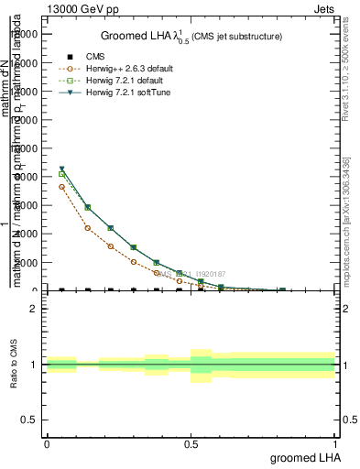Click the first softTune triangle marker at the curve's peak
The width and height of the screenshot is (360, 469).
tap(61, 169)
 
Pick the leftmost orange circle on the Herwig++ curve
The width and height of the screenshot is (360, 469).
tap(61, 187)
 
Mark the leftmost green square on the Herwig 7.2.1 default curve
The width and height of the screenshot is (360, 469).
tap(61, 174)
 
